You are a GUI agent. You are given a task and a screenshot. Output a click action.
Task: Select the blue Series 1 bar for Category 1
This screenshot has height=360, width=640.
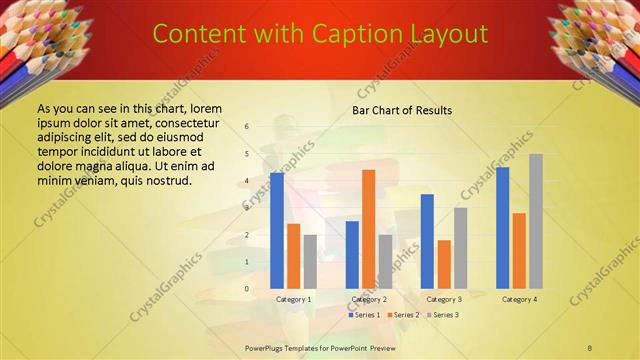[x=276, y=230]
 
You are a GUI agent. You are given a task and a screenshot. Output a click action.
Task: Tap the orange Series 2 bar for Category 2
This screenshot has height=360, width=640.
[x=368, y=229]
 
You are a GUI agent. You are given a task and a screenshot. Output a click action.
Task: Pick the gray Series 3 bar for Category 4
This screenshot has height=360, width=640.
[x=535, y=221]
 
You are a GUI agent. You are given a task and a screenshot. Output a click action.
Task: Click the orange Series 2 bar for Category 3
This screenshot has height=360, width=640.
[x=444, y=264]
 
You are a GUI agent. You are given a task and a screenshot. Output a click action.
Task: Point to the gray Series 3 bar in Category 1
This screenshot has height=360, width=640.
[x=310, y=261]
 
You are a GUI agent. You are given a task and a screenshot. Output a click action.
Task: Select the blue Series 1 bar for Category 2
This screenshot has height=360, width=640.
[x=352, y=254]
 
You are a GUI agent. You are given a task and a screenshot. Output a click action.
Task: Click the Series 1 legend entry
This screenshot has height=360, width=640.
[x=365, y=315]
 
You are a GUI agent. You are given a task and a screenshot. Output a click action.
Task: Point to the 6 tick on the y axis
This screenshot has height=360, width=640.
[x=247, y=127]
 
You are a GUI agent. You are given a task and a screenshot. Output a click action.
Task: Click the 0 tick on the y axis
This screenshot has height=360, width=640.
[x=247, y=289]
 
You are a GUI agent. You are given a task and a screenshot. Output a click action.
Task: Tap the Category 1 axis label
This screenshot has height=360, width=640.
[x=294, y=299]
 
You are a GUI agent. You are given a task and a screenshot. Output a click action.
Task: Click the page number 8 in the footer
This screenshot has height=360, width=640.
[x=589, y=346]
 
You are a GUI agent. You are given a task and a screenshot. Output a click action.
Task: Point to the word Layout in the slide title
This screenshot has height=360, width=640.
[x=448, y=35]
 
